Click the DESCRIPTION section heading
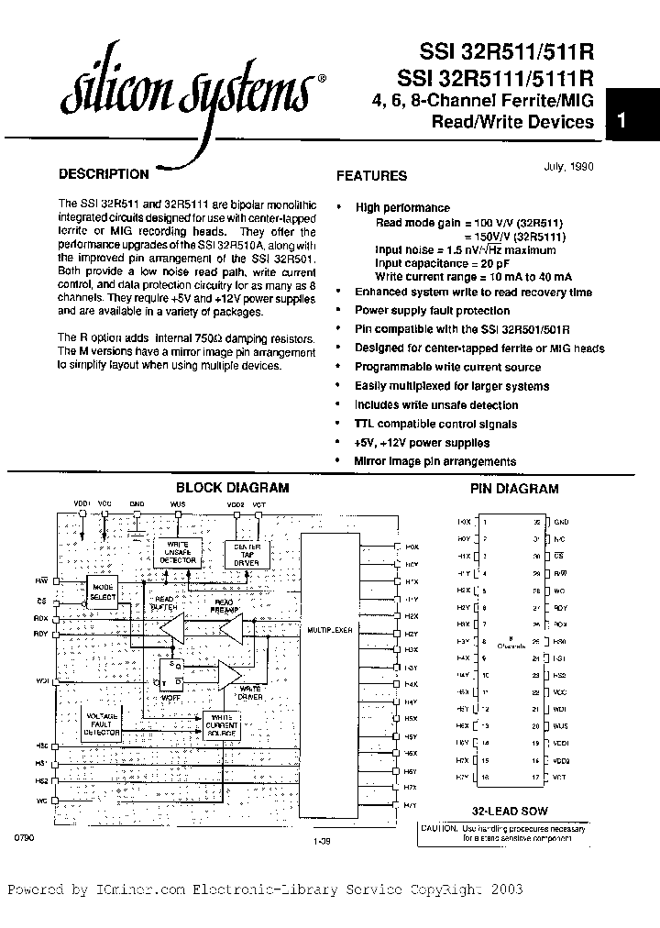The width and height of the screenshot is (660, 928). pyautogui.click(x=103, y=174)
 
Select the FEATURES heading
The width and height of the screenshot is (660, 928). pyautogui.click(x=371, y=175)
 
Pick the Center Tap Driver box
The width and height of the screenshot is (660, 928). pyautogui.click(x=241, y=555)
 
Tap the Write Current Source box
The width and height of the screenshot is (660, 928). pyautogui.click(x=222, y=725)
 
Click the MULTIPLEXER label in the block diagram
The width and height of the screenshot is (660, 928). pyautogui.click(x=329, y=632)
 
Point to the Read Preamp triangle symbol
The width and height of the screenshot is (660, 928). pyautogui.click(x=231, y=629)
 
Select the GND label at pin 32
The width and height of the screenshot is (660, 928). pyautogui.click(x=561, y=521)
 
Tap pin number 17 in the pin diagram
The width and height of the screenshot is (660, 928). pyautogui.click(x=535, y=777)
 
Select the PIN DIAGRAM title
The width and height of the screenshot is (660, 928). pyautogui.click(x=514, y=489)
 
